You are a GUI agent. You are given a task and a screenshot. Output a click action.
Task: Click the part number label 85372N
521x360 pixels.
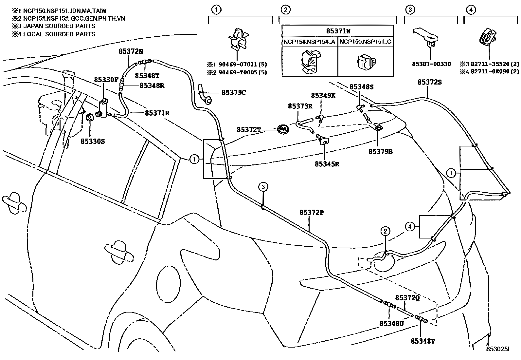click(x=131, y=51)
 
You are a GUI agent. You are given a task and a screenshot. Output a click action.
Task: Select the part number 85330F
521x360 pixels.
click(x=106, y=80)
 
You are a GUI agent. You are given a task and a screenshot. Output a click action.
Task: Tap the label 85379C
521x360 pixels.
click(x=234, y=92)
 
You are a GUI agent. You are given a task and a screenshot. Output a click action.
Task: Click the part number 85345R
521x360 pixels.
click(x=327, y=164)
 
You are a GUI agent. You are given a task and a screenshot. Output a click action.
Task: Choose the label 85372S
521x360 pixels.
click(x=430, y=82)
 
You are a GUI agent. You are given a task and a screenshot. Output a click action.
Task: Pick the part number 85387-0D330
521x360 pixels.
click(x=431, y=64)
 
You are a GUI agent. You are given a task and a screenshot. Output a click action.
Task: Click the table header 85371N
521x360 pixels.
click(x=338, y=31)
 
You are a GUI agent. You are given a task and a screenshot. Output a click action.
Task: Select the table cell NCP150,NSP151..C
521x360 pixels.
click(x=366, y=42)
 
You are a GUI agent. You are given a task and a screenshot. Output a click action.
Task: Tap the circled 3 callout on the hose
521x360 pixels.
click(x=263, y=187)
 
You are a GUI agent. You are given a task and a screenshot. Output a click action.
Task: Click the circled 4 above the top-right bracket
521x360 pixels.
click(x=471, y=10)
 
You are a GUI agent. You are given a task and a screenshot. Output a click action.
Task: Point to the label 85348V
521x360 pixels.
click(x=423, y=341)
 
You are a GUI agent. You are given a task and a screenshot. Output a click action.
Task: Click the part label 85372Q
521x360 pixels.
click(x=407, y=298)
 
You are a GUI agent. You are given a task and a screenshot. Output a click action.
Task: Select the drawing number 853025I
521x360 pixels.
click(x=497, y=349)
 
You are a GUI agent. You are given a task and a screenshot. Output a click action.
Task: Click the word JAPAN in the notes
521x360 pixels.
click(x=32, y=26)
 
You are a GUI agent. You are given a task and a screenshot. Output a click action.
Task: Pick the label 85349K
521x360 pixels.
click(x=323, y=95)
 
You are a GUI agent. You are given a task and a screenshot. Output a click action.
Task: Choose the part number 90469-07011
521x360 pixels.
click(x=238, y=65)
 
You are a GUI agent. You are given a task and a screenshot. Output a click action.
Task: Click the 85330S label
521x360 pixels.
click(x=93, y=141)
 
